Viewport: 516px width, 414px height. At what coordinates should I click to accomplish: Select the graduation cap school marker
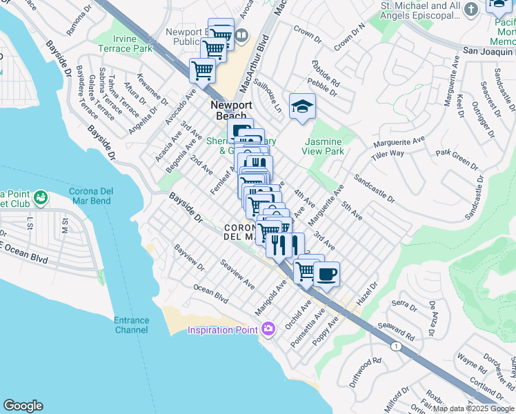pos(302,106)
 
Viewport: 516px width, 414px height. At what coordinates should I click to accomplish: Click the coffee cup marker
pos(326,273)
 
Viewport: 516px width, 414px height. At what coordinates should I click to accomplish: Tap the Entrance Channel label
pos(131,325)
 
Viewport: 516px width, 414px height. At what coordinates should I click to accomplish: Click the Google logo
pos(23,406)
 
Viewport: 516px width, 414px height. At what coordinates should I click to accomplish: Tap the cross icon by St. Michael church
pos(471,8)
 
